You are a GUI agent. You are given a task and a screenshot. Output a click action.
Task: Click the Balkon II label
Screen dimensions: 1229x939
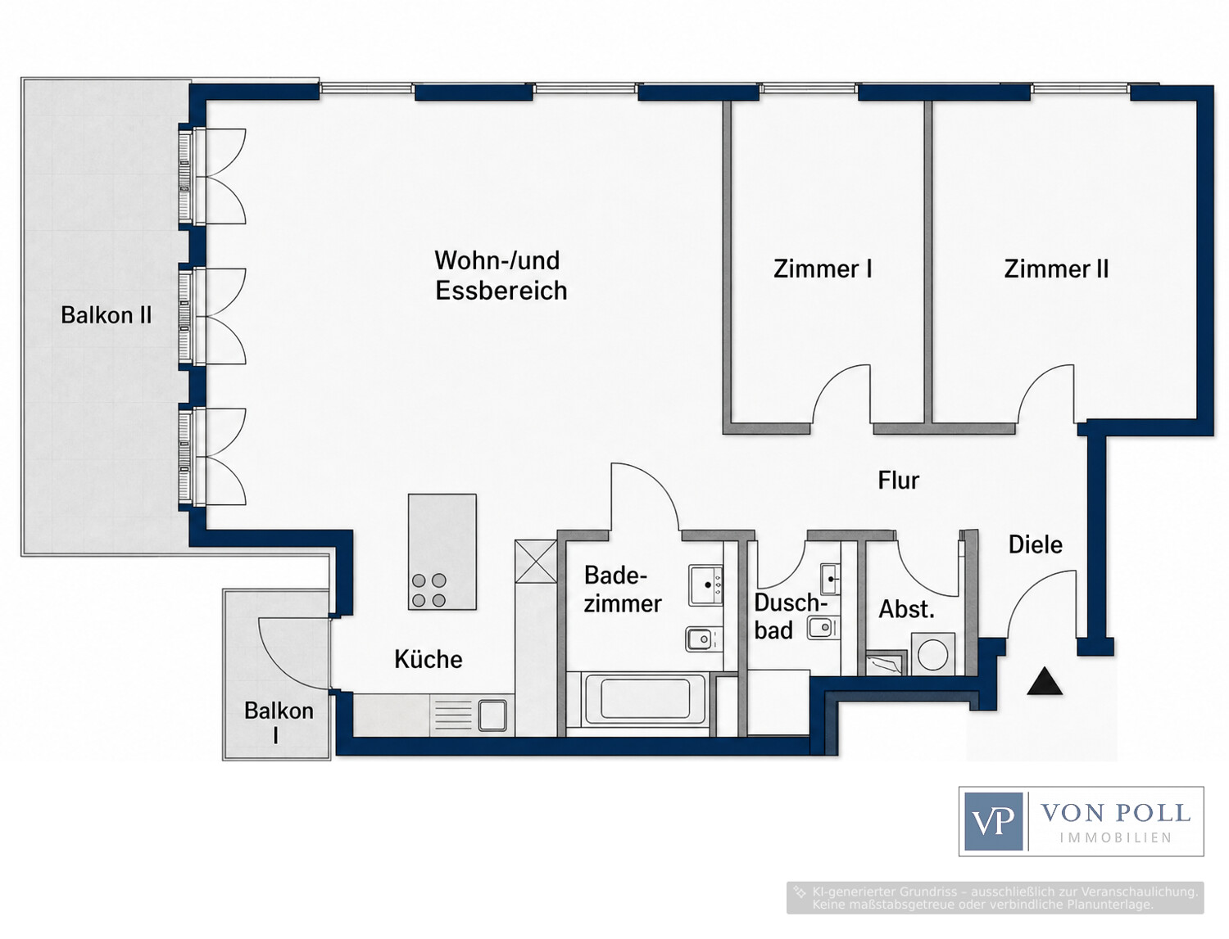click(107, 315)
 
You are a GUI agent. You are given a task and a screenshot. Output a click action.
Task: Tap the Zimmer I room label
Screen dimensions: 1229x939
click(823, 269)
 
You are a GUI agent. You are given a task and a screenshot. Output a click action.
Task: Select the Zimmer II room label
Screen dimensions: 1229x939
click(1056, 269)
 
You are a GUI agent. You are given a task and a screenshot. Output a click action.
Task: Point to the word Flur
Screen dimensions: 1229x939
click(898, 481)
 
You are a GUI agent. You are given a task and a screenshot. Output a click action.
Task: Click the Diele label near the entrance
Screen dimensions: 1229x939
click(1036, 544)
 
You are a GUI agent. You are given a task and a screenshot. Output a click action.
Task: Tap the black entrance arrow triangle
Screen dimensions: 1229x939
click(1045, 681)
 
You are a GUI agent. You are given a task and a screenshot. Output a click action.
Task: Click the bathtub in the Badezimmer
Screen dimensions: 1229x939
click(646, 699)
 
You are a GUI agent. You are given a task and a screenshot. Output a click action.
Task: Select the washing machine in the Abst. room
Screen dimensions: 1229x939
click(932, 654)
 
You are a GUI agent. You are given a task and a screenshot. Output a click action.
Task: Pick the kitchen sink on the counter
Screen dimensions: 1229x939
click(492, 716)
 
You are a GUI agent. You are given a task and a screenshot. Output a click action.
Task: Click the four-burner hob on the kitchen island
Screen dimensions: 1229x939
click(429, 590)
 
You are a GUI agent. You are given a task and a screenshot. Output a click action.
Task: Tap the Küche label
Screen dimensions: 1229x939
click(429, 659)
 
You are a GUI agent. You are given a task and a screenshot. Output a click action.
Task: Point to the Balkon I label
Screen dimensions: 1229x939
click(279, 721)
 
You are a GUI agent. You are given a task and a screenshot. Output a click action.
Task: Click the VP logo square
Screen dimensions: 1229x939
click(993, 821)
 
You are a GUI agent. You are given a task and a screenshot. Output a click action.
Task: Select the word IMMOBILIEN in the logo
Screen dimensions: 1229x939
click(1115, 837)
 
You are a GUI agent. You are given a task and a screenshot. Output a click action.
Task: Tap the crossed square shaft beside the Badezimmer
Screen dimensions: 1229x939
click(536, 562)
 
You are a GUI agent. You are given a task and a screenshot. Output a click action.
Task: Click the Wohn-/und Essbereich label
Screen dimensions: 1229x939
click(501, 276)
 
